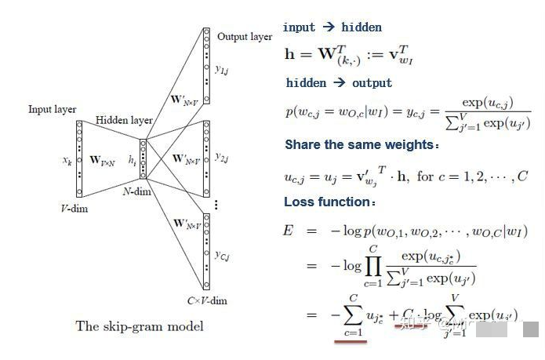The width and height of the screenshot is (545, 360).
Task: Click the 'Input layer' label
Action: [x=53, y=109]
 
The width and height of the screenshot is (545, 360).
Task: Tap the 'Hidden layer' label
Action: [x=124, y=120]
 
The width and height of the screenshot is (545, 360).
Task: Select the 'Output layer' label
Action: [x=244, y=37]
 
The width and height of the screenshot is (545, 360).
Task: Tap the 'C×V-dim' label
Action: [x=206, y=300]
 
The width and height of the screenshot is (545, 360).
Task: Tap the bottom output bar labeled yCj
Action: [x=206, y=251]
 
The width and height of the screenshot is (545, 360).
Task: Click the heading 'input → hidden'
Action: [x=332, y=27]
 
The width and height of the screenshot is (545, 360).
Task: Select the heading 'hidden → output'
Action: [x=339, y=83]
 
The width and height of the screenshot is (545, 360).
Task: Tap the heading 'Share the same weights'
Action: [x=359, y=145]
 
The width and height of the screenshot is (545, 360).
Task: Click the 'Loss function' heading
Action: [x=326, y=202]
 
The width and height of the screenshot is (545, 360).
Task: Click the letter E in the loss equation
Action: [x=287, y=231]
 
